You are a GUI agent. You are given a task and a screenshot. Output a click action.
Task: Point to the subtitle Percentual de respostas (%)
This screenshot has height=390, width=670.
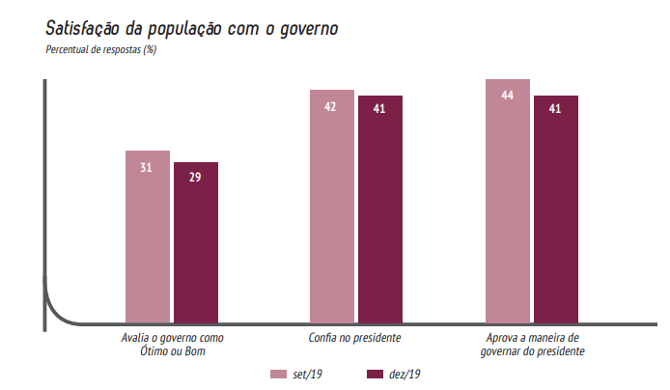100,49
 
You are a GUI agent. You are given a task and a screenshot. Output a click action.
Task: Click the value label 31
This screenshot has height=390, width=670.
147,168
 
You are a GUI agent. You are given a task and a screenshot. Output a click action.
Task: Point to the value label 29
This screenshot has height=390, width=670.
195,180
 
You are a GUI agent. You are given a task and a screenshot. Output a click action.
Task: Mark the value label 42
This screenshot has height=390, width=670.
330,106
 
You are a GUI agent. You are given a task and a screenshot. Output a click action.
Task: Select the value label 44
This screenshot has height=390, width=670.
507,96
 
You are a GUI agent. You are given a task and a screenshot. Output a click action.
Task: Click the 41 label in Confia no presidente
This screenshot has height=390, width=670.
379,109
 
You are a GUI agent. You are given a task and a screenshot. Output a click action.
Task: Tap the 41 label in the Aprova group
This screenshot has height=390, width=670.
555,109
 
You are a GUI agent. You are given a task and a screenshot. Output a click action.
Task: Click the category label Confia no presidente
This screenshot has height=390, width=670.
354,338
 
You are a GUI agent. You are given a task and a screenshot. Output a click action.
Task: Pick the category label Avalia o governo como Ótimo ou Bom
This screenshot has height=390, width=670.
172,345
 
